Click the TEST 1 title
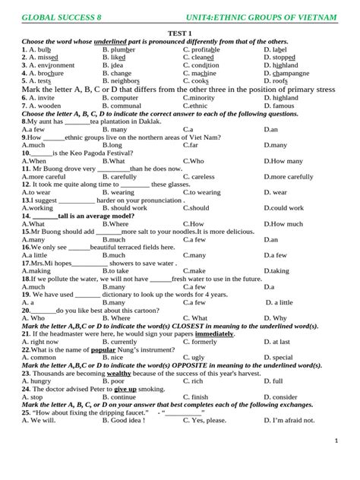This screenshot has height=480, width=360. tap(179, 33)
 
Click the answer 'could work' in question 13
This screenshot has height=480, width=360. tap(286, 207)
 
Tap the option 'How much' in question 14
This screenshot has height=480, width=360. tap(286, 224)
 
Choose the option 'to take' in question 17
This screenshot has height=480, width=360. tap(118, 270)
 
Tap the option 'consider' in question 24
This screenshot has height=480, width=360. tap(284, 396)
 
